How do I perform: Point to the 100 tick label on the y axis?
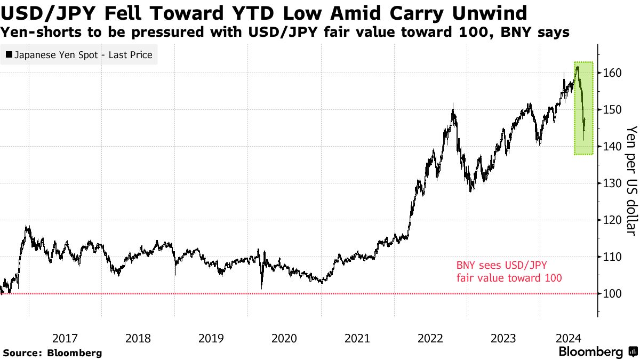pos(612,294)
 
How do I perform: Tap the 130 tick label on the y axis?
pos(612,183)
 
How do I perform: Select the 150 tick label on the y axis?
pos(612,110)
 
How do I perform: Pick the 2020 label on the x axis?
pos(284,338)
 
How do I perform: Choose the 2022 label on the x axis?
pos(430,338)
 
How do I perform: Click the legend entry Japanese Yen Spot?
pos(83,55)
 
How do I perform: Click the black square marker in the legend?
pos(9,55)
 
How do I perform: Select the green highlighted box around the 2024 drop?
pos(584,108)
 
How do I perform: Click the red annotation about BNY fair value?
pos(509,271)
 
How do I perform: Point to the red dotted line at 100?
pos(267,293)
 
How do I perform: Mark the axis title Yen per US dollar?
pos(630,180)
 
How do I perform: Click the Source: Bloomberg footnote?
pos(52,353)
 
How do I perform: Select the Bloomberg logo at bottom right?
pos(597,352)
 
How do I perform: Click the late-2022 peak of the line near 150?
pos(453,105)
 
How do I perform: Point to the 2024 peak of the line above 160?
pos(577,67)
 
